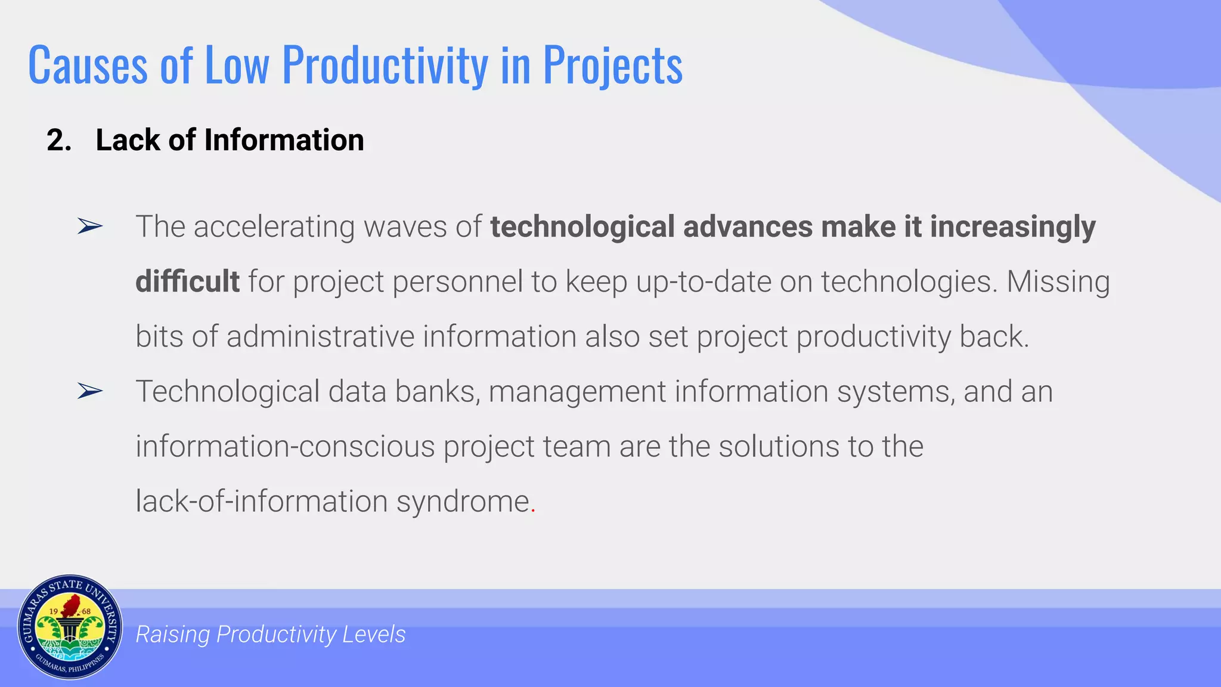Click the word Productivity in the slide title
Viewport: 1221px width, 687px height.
pyautogui.click(x=385, y=65)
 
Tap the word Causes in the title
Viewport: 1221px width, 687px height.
pyautogui.click(x=88, y=65)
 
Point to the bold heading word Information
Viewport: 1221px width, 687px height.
pyautogui.click(x=284, y=141)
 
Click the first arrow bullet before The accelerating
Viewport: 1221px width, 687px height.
pyautogui.click(x=90, y=227)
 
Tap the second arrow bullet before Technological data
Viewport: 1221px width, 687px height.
pyautogui.click(x=90, y=391)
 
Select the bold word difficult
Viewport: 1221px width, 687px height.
pyautogui.click(x=187, y=281)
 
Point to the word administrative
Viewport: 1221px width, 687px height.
pyautogui.click(x=320, y=336)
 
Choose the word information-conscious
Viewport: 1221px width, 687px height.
pyautogui.click(x=285, y=447)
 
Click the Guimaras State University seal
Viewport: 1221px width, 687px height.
pyautogui.click(x=70, y=627)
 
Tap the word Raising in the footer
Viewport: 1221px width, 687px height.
pyautogui.click(x=172, y=635)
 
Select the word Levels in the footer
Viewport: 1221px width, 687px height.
pyautogui.click(x=374, y=635)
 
